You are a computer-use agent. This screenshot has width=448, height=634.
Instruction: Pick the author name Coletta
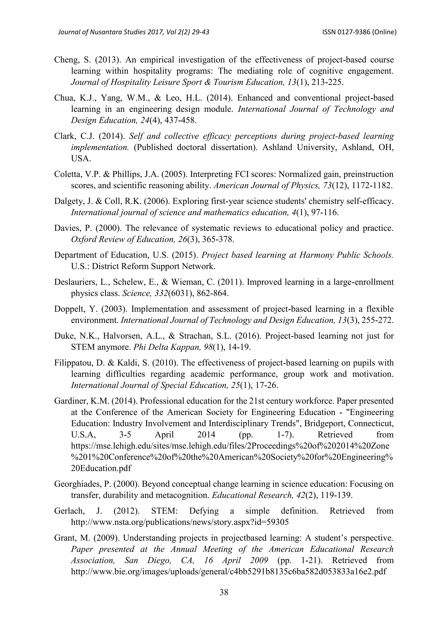click(x=66, y=174)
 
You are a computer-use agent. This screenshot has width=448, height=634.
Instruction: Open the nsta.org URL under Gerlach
click(x=180, y=522)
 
